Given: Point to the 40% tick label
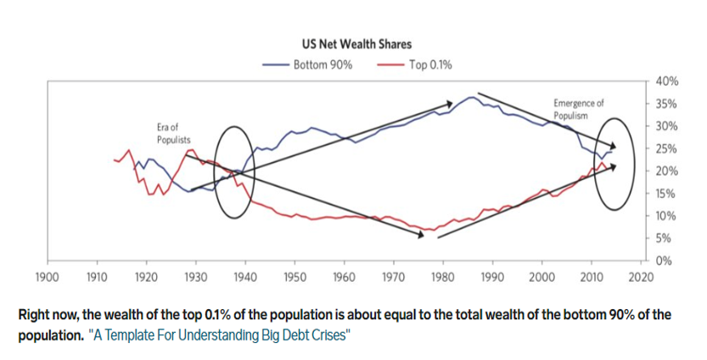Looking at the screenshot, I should tap(666, 82).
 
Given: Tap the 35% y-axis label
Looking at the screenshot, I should tap(666, 104).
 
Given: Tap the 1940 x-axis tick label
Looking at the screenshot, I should tap(245, 277).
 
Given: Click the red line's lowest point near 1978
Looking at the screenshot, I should tap(431, 229).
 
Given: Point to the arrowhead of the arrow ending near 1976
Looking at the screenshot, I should tap(421, 234).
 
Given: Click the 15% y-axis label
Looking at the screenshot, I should tap(666, 194).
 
